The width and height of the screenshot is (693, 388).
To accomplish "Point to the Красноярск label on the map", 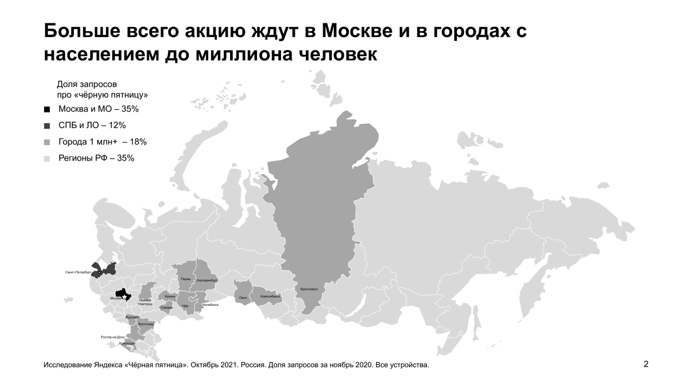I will tap(308, 289).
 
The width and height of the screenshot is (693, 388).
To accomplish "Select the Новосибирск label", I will tap(270, 297).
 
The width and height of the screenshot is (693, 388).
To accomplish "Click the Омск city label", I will tap(243, 298).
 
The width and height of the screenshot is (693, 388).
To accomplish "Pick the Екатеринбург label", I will tap(207, 280).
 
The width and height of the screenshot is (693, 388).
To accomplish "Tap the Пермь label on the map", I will tap(186, 279).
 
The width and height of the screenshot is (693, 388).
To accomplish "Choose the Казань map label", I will tap(170, 297).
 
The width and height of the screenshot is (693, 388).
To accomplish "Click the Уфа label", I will tap(185, 306).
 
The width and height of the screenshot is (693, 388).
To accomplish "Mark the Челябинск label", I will tap(210, 305).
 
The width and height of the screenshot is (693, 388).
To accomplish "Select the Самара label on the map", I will tap(166, 308).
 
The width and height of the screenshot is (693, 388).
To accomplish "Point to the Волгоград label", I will tap(146, 324).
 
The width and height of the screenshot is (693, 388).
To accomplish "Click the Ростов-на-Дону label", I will tap(113, 337).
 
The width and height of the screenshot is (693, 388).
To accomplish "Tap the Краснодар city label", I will tap(127, 343).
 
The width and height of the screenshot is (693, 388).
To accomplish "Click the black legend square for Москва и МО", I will tap(47, 109).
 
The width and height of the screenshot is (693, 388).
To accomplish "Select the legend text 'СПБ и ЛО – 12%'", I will tap(92, 126).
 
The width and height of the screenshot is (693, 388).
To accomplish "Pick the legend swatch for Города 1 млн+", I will tap(47, 142).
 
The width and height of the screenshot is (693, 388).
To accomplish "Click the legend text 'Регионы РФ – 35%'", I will tap(96, 158).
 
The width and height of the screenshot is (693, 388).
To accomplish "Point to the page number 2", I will tap(646, 364).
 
